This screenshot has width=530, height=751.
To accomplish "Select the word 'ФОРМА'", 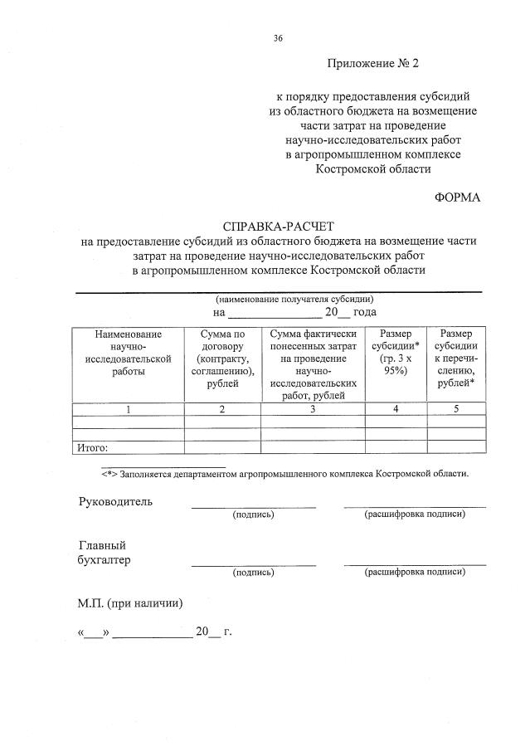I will pyautogui.click(x=457, y=197).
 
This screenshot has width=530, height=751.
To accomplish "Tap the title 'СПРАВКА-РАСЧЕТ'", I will pyautogui.click(x=279, y=227).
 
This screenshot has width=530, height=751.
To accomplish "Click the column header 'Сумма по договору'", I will pyautogui.click(x=222, y=358).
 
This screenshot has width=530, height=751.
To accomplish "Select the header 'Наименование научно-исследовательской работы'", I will pyautogui.click(x=129, y=352).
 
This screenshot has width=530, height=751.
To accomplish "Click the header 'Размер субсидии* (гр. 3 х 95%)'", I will pyautogui.click(x=395, y=352).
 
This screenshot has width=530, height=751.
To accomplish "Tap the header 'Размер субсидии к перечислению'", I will pyautogui.click(x=456, y=358).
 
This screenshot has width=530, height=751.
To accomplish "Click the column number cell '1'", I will pyautogui.click(x=129, y=408).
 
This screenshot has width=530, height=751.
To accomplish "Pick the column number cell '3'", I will pyautogui.click(x=313, y=408).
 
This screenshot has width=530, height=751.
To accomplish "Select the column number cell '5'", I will pyautogui.click(x=456, y=408).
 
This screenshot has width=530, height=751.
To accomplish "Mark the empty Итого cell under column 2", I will pyautogui.click(x=222, y=447).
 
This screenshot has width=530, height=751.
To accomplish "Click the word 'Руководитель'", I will pyautogui.click(x=115, y=502).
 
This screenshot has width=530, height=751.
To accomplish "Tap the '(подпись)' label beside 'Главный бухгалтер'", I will pyautogui.click(x=253, y=572).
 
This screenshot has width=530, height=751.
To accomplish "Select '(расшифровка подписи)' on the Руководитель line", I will pyautogui.click(x=415, y=514).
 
